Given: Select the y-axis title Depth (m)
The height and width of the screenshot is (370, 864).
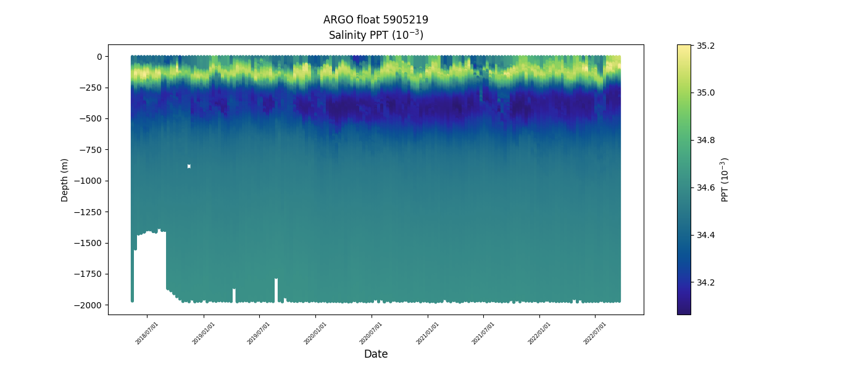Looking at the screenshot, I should point(65,179).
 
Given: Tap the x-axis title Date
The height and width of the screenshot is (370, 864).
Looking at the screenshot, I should point(376,354).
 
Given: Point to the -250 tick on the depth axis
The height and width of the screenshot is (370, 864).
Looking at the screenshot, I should point(91,88).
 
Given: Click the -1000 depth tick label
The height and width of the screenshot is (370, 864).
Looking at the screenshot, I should point(89,181).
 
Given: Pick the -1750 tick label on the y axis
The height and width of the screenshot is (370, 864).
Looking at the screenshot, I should point(89,274).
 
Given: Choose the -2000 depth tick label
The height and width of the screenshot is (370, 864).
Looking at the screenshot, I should point(89,305).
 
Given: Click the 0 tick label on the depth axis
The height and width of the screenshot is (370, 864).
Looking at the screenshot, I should point(98,57).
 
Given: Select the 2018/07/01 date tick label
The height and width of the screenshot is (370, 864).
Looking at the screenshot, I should point(147,332).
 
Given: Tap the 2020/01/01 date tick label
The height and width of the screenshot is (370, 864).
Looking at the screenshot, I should point(315,332).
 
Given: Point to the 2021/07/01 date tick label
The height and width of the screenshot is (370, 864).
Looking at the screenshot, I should point(483,332).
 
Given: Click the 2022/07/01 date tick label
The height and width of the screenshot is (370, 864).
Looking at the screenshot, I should point(595,332).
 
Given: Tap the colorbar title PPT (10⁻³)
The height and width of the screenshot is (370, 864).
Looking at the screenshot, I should point(725,179).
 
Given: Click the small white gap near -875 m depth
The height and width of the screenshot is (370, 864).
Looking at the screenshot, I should point(189,166).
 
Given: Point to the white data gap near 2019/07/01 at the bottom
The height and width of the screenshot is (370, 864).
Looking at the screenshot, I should point(276,290).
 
